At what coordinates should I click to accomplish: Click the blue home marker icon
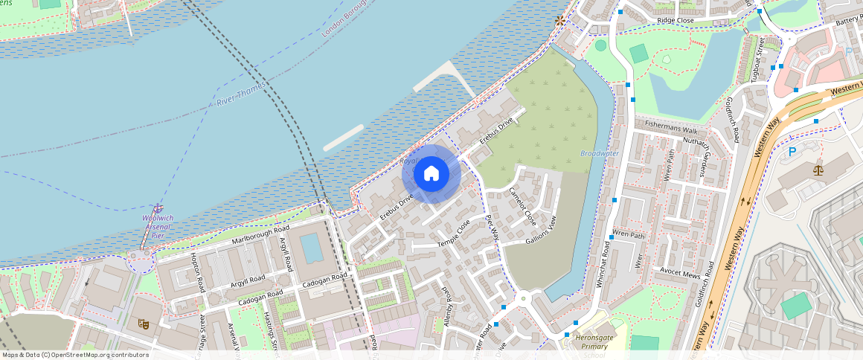coord(431,174)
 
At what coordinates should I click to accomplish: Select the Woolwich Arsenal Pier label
coord(157,226)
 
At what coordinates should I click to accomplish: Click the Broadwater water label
coord(599,153)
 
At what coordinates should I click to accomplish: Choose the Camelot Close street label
coord(522,204)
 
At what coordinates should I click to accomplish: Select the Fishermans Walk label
coord(671,125)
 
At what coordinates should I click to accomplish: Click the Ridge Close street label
coord(675,20)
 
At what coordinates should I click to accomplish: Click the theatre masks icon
coord(143,324)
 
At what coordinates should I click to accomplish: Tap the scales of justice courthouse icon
coord(819,167)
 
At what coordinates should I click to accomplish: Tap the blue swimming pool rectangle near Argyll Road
coord(312,247)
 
